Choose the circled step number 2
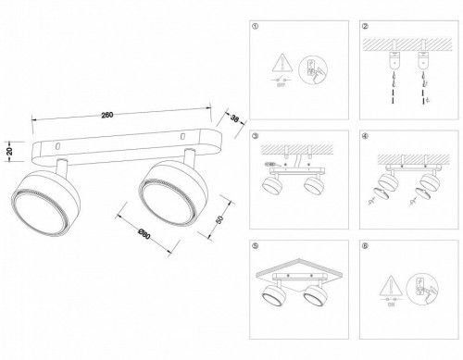[367, 28]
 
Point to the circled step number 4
[367, 137]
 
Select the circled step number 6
[367, 247]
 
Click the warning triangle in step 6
[392, 283]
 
